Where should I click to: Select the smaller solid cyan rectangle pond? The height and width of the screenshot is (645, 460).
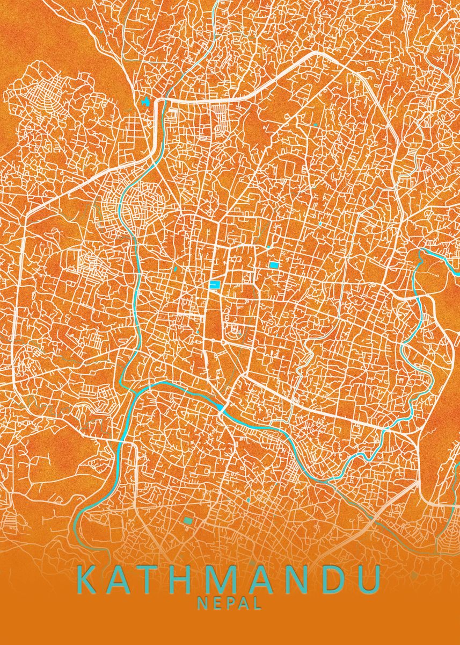point(274,265)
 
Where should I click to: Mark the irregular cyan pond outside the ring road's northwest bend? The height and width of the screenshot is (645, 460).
point(145,101)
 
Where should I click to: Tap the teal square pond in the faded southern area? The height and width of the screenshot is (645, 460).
point(188,520)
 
